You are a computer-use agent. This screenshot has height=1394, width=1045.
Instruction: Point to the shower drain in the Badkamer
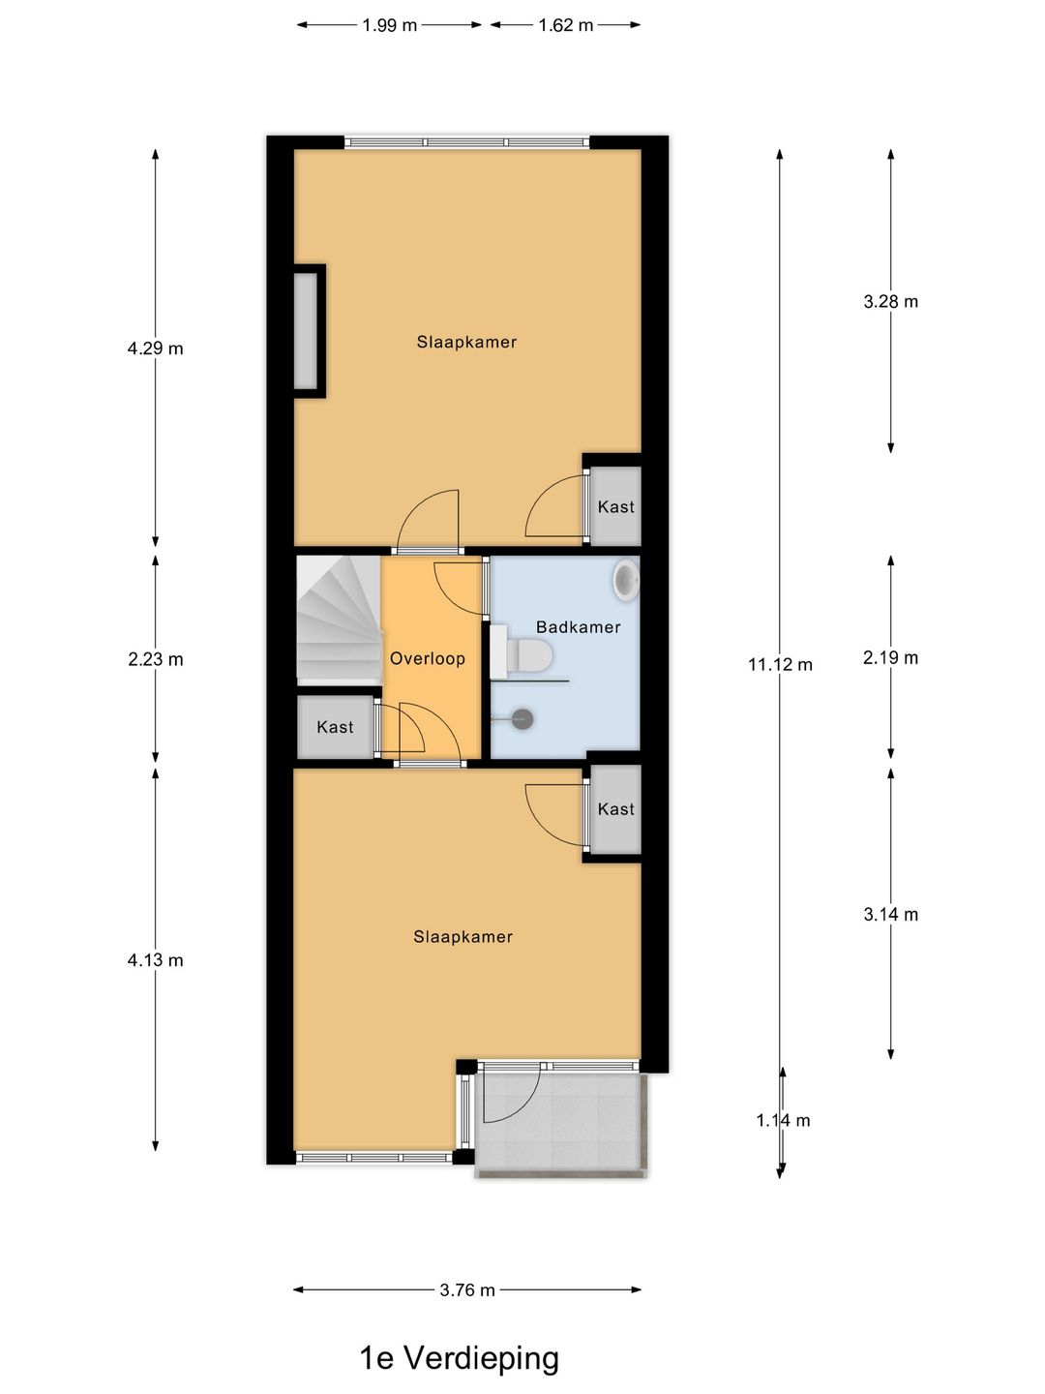click(x=522, y=719)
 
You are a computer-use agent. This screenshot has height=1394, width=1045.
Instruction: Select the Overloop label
click(x=427, y=658)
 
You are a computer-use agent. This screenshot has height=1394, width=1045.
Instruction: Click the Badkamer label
click(x=578, y=627)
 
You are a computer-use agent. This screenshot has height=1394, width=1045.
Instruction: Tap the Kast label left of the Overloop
click(x=335, y=727)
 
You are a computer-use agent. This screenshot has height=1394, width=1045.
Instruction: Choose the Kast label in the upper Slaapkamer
click(x=615, y=506)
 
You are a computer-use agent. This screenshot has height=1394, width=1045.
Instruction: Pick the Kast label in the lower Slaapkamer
click(x=615, y=809)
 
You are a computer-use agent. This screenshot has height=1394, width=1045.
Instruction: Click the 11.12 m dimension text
click(x=780, y=664)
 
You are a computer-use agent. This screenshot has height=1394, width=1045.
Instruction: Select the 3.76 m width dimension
click(x=467, y=1289)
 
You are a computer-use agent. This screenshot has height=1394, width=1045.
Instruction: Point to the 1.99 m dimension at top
click(x=389, y=25)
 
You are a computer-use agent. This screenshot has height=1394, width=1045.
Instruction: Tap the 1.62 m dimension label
click(x=566, y=25)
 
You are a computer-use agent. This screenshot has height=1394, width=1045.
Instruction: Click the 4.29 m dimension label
click(x=155, y=348)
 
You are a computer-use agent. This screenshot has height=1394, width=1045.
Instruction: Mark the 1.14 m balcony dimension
click(x=783, y=1120)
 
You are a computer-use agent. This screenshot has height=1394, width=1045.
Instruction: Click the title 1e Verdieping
click(x=460, y=1358)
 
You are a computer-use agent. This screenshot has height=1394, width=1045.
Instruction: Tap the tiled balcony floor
click(x=571, y=1128)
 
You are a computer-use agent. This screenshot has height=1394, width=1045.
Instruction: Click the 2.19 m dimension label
click(x=890, y=658)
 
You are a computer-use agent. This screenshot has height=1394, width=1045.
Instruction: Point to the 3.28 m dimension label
click(x=890, y=302)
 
